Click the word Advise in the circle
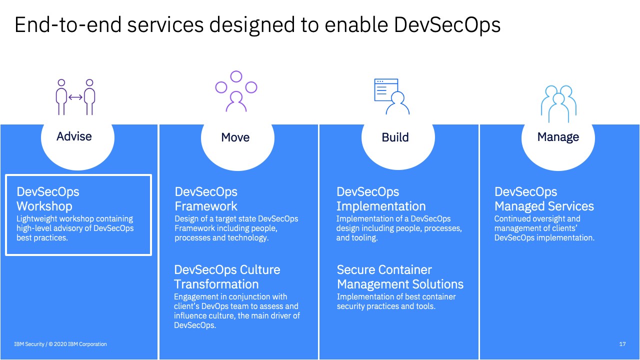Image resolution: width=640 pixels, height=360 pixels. click(x=74, y=136)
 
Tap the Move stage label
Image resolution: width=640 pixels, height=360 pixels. click(x=235, y=137)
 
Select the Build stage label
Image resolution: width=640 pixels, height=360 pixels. click(x=395, y=137)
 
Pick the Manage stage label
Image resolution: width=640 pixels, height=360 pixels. click(x=558, y=137)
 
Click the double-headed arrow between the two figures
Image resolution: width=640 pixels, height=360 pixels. click(x=75, y=97)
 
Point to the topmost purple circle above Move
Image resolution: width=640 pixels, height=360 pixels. click(x=236, y=76)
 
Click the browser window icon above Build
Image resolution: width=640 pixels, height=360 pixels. click(x=386, y=89)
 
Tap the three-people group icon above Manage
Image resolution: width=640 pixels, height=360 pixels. click(x=558, y=103)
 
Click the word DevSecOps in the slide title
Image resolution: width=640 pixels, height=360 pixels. click(x=447, y=25)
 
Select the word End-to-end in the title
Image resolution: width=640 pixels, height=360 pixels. click(x=68, y=25)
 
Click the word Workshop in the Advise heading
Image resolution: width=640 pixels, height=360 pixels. click(x=44, y=206)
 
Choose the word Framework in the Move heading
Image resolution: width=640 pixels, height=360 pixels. click(x=206, y=206)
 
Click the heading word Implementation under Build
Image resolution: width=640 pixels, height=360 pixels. click(x=381, y=206)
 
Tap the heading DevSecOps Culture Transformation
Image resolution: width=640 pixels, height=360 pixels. click(x=227, y=277)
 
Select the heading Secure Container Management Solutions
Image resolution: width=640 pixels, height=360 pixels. click(x=400, y=277)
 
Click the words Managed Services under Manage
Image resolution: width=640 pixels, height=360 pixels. click(x=544, y=206)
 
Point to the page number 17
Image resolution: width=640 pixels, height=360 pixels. click(x=622, y=344)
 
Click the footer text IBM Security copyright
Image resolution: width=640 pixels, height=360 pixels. click(x=60, y=344)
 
